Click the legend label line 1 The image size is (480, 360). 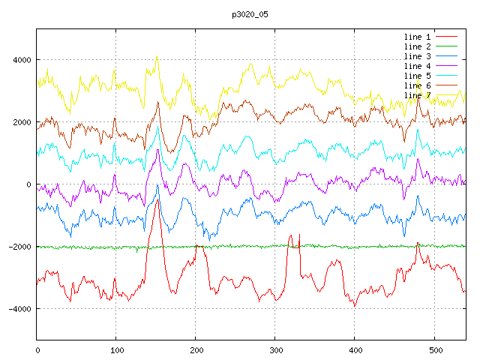click(x=417, y=37)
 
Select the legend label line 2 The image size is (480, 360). click(x=417, y=46)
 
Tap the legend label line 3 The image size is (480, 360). click(x=417, y=56)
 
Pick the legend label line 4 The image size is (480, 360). click(x=417, y=66)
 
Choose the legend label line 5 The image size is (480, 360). click(x=417, y=76)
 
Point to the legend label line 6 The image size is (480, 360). click(x=417, y=85)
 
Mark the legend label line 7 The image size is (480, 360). click(x=417, y=95)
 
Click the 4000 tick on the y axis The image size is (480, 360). click(x=20, y=60)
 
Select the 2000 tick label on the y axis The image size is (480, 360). click(x=20, y=122)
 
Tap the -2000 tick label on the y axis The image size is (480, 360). click(x=18, y=247)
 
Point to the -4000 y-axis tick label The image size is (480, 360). click(x=18, y=309)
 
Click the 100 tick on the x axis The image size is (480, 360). click(x=116, y=349)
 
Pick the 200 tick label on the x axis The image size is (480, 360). click(x=196, y=349)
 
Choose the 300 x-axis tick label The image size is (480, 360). click(x=275, y=349)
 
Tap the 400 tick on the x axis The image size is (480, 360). click(x=355, y=349)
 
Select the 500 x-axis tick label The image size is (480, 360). click(x=434, y=349)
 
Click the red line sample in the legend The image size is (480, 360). click(x=447, y=37)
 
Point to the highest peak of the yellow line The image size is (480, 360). click(x=156, y=56)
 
